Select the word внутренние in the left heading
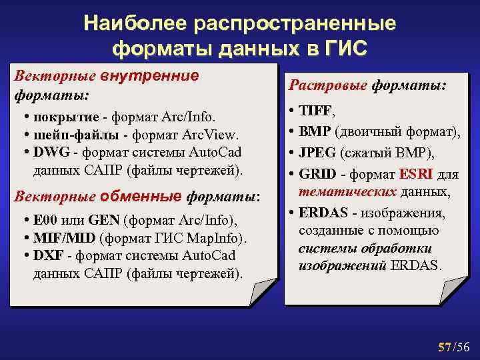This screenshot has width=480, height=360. click(149, 75)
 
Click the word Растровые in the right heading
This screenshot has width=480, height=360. click(327, 86)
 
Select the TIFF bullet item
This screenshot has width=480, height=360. click(317, 111)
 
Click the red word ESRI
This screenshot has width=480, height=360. click(417, 175)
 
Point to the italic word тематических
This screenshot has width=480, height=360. click(347, 192)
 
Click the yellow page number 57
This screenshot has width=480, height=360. click(445, 347)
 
